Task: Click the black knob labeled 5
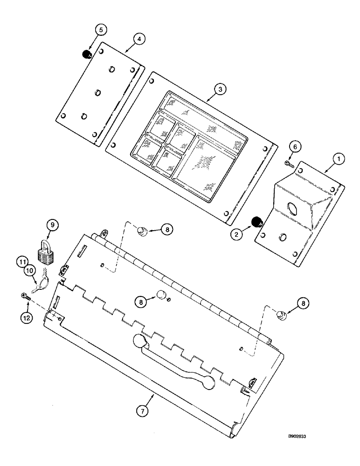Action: click(86, 55)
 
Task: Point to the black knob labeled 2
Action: click(256, 222)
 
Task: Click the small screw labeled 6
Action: click(288, 163)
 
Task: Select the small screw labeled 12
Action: click(27, 295)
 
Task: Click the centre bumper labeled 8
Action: click(161, 295)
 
